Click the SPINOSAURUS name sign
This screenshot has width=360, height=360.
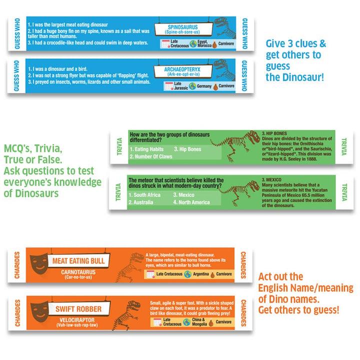point(183,29)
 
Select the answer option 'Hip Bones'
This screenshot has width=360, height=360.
point(187,149)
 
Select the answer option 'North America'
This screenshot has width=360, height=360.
point(191,202)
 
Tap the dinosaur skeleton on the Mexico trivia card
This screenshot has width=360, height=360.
point(240,193)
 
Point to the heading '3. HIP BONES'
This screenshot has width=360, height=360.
point(277,134)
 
